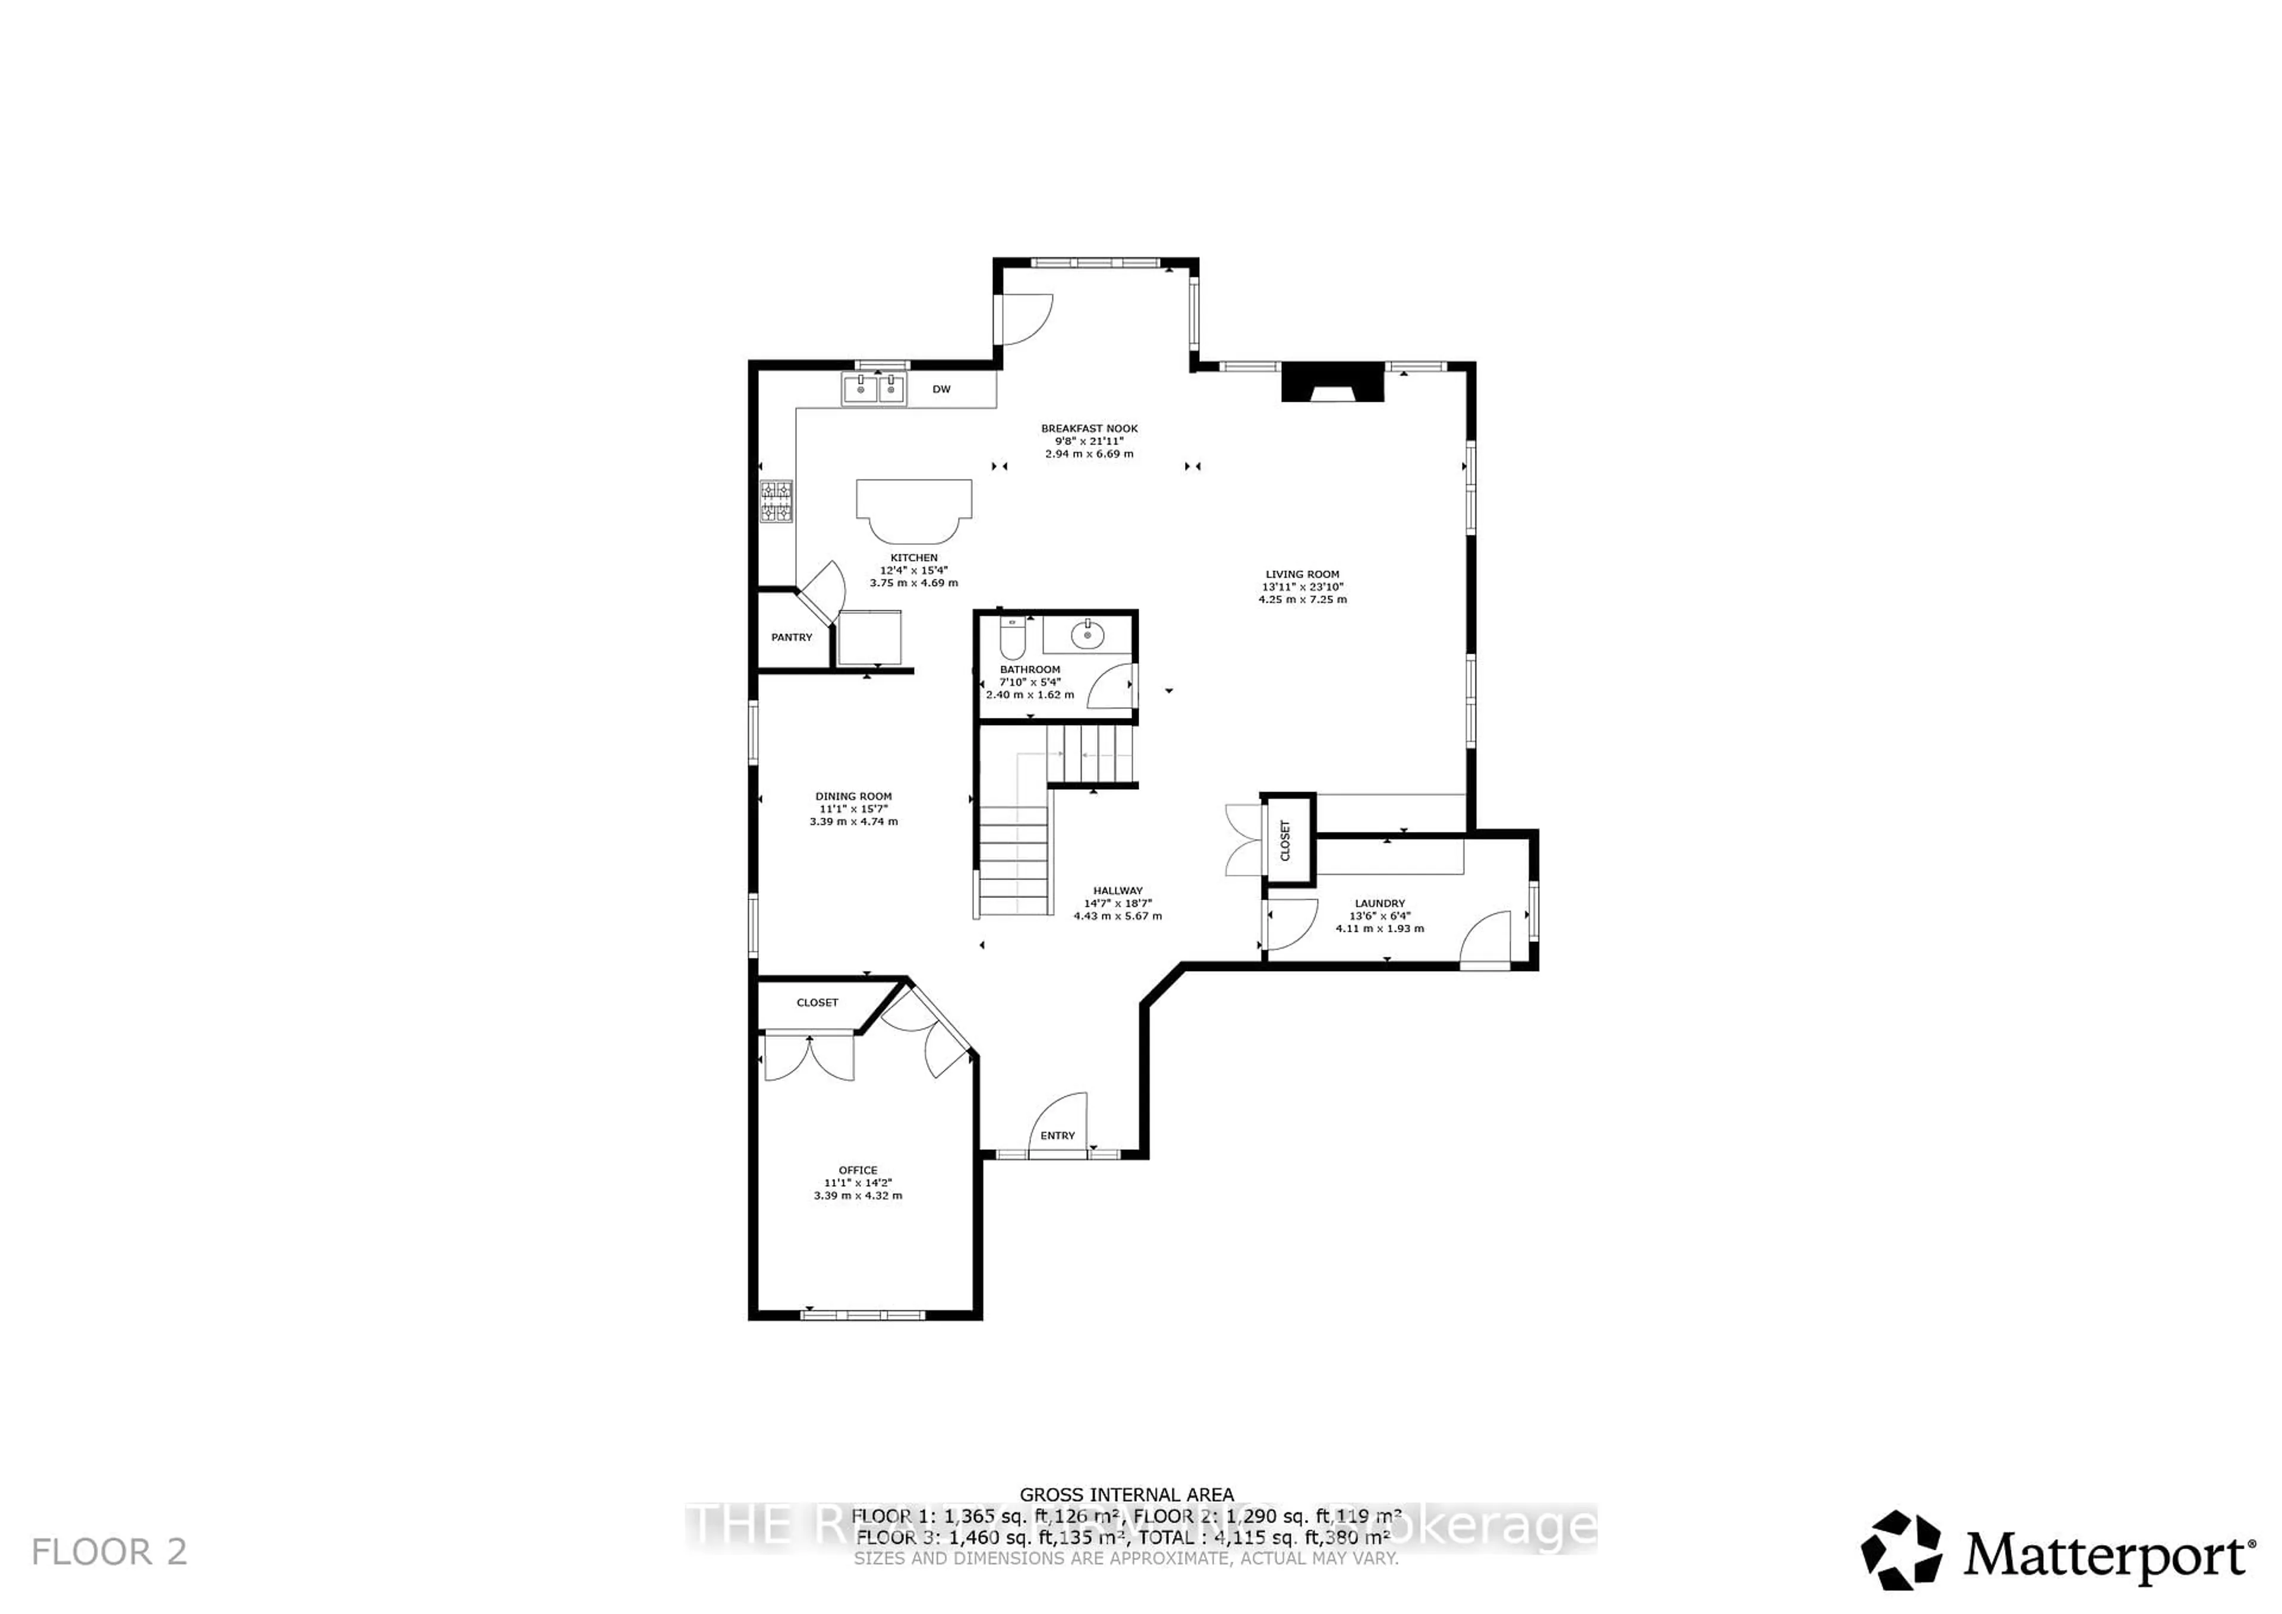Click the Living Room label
[1302, 575]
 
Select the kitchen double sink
[875, 389]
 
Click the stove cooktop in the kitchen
[776, 502]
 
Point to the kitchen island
[913, 509]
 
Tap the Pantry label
[791, 637]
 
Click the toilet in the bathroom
[1012, 638]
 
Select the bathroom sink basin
[1088, 633]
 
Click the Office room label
[858, 1169]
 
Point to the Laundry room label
[1379, 903]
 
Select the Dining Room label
[854, 796]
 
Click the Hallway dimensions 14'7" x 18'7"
[1117, 903]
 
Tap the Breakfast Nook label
[1089, 428]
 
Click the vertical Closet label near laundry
[1285, 840]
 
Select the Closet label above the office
[817, 1003]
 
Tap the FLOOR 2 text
[109, 1552]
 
